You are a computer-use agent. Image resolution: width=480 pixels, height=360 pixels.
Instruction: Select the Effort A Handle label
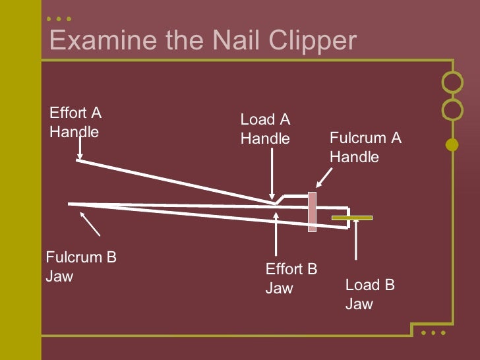pos(75,122)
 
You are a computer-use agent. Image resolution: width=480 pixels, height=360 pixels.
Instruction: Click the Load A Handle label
pos(265,129)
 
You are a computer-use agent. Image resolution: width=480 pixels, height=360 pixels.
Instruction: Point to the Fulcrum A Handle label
pos(365,147)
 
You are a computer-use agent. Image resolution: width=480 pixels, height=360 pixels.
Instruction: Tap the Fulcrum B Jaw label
pos(80,266)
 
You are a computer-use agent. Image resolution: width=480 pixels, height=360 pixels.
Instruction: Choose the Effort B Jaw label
pos(291,278)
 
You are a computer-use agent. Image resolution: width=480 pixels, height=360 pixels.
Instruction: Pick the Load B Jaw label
pos(369,294)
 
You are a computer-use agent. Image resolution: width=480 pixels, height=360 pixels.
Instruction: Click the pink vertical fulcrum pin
pos(312,212)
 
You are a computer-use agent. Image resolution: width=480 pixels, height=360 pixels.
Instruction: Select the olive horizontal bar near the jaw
pos(351,218)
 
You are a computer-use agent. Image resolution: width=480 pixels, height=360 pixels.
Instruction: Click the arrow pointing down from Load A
pos(272,175)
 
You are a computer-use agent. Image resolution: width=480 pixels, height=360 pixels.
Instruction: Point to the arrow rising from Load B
pos(356,241)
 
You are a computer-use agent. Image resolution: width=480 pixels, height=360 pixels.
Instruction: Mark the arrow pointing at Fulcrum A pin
pos(324,177)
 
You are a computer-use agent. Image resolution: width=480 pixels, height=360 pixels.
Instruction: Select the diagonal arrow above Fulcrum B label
pos(90,225)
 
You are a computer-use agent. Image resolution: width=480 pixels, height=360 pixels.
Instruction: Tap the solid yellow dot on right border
pos(452,144)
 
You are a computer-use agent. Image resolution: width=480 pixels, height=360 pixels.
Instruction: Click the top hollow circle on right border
pos(452,82)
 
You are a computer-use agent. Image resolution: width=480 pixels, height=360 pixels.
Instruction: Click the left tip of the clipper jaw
pos(70,204)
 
